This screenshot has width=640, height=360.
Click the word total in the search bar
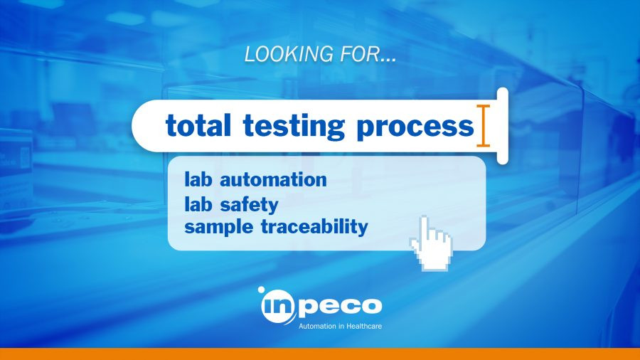[x=198, y=125]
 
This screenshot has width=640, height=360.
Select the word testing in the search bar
[x=294, y=126]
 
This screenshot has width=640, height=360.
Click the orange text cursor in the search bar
[x=484, y=125]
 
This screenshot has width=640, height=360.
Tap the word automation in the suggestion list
[x=274, y=179]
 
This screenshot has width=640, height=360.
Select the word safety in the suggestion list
[x=249, y=204]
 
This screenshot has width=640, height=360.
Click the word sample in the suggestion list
[x=219, y=227]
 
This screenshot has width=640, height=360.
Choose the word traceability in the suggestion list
[x=314, y=226]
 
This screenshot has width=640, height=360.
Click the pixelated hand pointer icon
[x=431, y=243]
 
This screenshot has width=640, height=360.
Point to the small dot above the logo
[x=261, y=290]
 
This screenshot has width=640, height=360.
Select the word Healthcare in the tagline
[x=364, y=326]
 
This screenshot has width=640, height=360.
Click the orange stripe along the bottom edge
[x=320, y=354]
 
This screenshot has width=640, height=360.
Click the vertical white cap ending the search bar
[x=503, y=126]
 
